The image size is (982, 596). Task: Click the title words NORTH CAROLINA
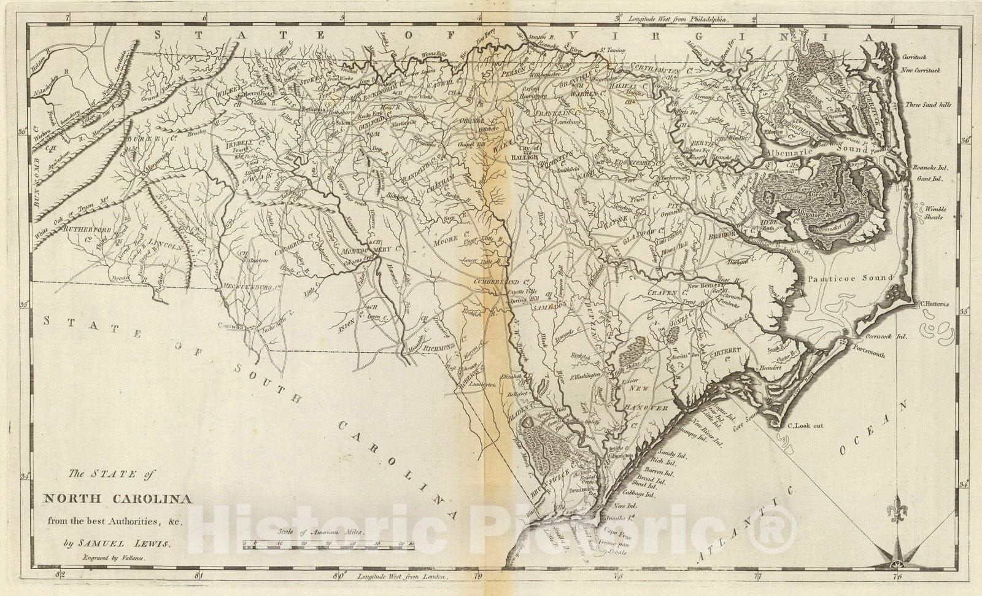[x=117, y=498]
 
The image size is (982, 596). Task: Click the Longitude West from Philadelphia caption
[x=675, y=20]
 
